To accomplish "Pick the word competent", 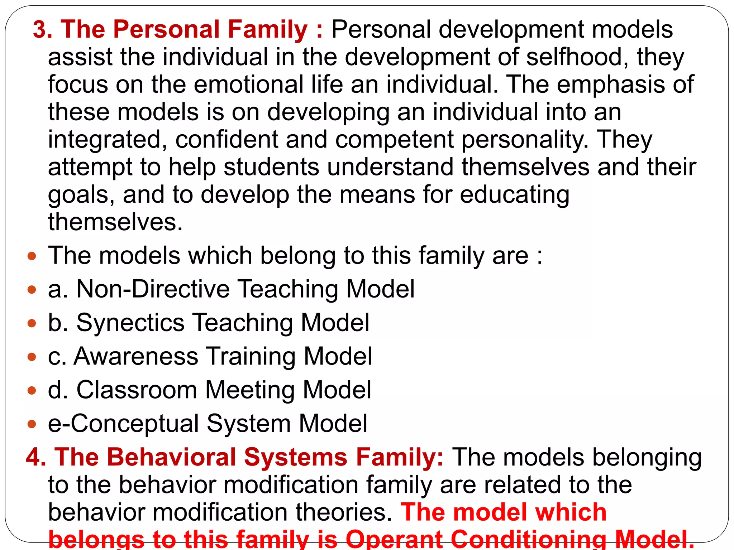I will click(x=394, y=140).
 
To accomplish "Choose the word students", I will click(x=271, y=167).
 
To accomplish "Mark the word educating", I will click(x=514, y=196).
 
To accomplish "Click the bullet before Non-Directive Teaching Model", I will click(x=32, y=289).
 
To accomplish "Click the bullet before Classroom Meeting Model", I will click(x=32, y=390).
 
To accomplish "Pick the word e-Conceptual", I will click(x=123, y=424).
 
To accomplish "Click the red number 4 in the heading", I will click(x=36, y=457).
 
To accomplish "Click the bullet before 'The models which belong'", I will click(x=32, y=256).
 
